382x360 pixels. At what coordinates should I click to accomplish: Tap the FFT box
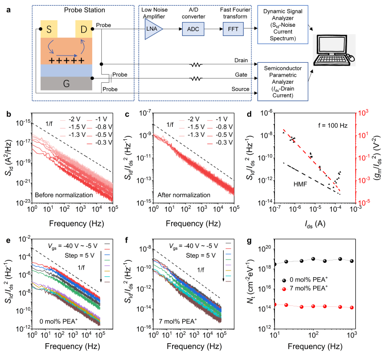[x=233, y=29]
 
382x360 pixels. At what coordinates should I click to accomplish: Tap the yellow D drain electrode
[x=83, y=29]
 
